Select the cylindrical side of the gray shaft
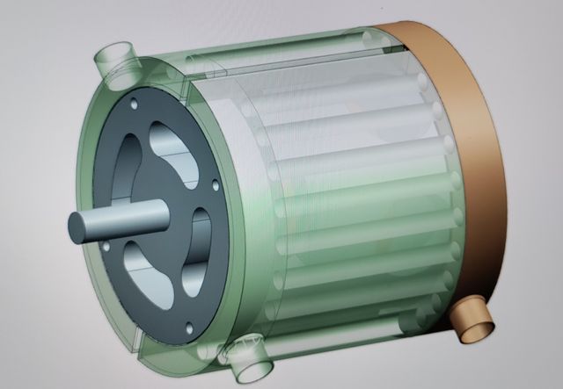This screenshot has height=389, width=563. click(123, 216)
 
